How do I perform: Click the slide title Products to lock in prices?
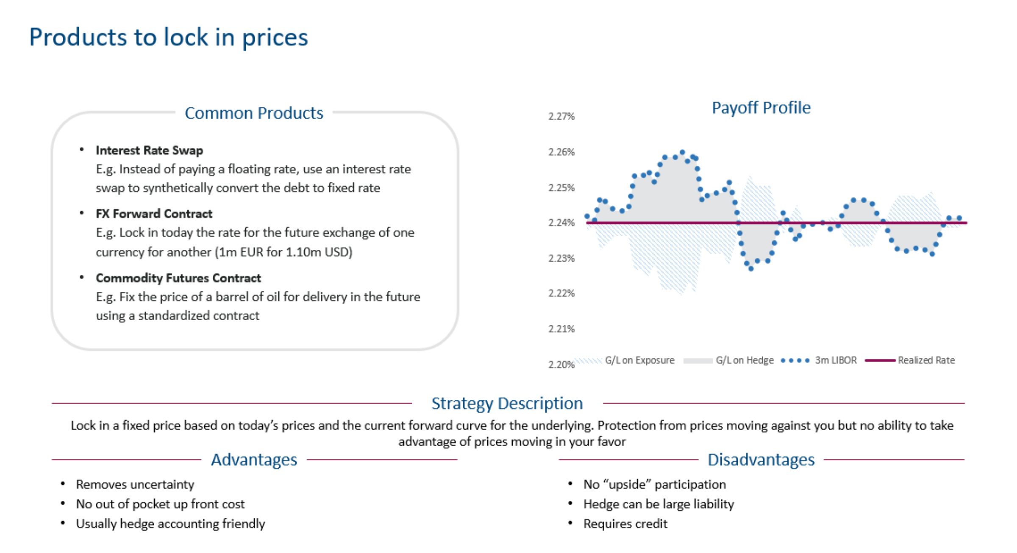point(168,37)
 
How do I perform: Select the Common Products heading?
point(254,113)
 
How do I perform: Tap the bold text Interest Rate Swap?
point(149,150)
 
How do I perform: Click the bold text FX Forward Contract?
point(154,213)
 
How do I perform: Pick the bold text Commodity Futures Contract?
point(178,278)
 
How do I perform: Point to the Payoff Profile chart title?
point(761,108)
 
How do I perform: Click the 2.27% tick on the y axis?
point(561,116)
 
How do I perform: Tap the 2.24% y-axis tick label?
point(561,223)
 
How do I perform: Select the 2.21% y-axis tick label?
point(561,329)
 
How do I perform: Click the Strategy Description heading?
point(507,403)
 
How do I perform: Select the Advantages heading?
point(254,459)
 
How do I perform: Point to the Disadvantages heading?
point(761,459)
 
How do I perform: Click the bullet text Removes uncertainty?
point(135,484)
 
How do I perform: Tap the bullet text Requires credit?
point(625,524)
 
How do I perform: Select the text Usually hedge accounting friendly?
point(170,524)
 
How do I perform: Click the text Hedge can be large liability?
point(659,504)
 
